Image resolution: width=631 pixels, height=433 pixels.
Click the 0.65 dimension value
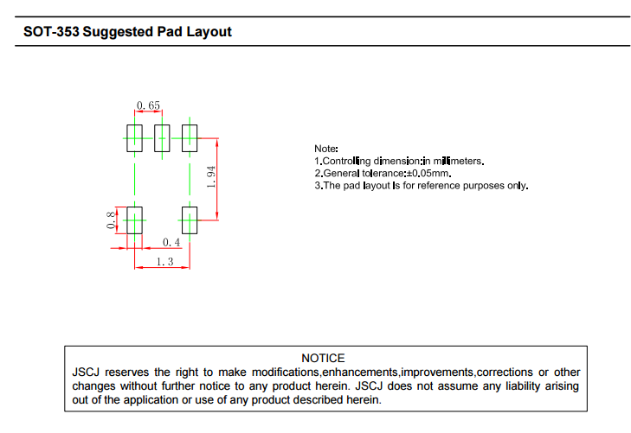point(148,105)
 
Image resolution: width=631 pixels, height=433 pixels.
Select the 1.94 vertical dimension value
point(210,178)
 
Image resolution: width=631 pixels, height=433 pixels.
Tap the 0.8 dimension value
point(111,220)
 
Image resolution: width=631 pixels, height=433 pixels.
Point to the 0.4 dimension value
point(171,243)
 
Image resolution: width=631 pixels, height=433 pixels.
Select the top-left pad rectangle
point(134,138)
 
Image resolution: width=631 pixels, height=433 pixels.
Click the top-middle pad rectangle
point(162,138)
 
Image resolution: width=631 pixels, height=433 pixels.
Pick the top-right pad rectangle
point(190,138)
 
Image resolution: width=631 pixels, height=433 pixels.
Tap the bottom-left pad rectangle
point(134,220)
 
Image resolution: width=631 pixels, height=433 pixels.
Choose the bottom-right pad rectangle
point(190,220)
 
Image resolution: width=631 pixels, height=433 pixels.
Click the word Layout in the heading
point(209,32)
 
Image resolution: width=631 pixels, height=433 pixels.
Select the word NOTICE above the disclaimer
point(323,358)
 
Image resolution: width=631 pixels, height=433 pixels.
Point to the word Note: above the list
point(326,150)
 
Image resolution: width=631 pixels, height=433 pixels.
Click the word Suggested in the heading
point(121,32)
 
